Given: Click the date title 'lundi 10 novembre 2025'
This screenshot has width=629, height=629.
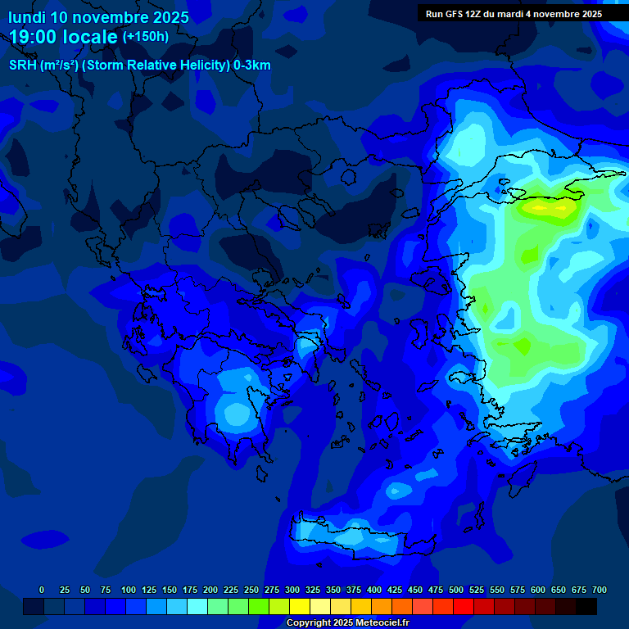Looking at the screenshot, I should click(98, 17).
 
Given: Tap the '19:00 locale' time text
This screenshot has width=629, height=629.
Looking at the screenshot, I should click(64, 37).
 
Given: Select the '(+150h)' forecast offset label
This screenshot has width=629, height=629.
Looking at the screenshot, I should click(146, 37).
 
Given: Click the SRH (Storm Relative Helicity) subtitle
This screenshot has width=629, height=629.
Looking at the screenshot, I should click(139, 66).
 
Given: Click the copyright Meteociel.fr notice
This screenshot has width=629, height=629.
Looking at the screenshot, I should click(346, 622).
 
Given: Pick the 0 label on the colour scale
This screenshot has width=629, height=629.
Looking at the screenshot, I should click(42, 590).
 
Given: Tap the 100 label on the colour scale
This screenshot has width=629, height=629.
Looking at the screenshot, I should click(129, 590).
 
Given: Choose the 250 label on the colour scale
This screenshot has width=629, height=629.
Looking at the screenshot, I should click(251, 590).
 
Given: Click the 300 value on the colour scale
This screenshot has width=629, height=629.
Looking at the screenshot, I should click(292, 590).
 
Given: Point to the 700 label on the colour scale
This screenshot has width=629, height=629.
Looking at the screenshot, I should click(600, 590).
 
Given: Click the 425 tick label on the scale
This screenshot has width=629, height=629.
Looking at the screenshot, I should click(395, 590).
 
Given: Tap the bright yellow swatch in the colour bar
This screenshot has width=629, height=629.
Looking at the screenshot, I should click(300, 607).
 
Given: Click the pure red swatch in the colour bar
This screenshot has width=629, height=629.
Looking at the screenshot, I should click(464, 607).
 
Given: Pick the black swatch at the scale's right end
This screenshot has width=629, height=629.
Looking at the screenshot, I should click(586, 607).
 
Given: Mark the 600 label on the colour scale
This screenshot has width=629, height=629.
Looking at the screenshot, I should click(538, 590).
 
